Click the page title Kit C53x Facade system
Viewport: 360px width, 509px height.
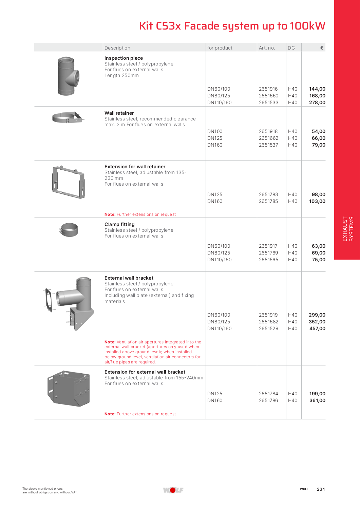click(232, 26)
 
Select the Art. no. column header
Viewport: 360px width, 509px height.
click(267, 48)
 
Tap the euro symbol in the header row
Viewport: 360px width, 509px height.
click(322, 48)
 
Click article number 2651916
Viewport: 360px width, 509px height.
click(268, 89)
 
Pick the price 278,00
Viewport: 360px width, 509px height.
click(317, 102)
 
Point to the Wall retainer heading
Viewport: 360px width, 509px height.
click(119, 113)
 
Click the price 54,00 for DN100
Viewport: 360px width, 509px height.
click(318, 131)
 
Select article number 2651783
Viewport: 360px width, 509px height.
click(268, 194)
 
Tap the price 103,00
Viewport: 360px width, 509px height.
click(317, 201)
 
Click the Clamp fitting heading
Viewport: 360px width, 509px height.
click(119, 224)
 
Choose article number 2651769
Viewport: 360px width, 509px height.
click(268, 253)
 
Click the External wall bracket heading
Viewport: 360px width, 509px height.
click(129, 278)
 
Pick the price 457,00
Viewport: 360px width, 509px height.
click(317, 328)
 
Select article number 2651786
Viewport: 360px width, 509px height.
click(268, 400)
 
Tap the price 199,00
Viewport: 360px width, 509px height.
click(317, 394)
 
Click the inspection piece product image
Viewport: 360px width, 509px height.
click(68, 76)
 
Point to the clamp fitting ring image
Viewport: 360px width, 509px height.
click(69, 230)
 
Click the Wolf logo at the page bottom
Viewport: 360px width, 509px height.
click(173, 490)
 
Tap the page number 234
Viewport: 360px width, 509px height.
click(321, 489)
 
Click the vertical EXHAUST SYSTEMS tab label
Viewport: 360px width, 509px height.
click(348, 229)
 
